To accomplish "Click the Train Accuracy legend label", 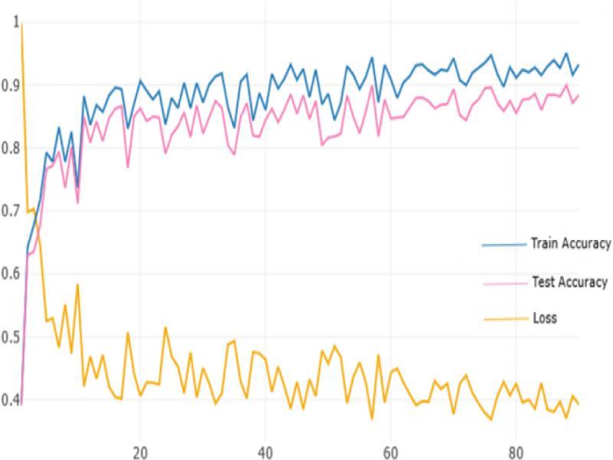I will point(570,244).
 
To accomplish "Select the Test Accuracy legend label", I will point(569,282).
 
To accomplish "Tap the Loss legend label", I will point(544,317).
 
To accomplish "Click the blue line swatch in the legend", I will point(502,245).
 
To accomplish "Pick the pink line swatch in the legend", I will point(502,283).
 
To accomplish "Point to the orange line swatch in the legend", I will point(502,318).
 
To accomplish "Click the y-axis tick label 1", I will point(15,21).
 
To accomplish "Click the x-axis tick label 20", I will point(139,450).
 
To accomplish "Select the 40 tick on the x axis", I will point(265,450).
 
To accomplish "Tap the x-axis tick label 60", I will point(391,450).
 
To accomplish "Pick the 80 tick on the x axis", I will point(516,450).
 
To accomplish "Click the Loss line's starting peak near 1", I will point(21,25).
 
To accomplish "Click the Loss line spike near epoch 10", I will point(77,285).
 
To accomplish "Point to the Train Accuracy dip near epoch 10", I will point(77,186).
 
